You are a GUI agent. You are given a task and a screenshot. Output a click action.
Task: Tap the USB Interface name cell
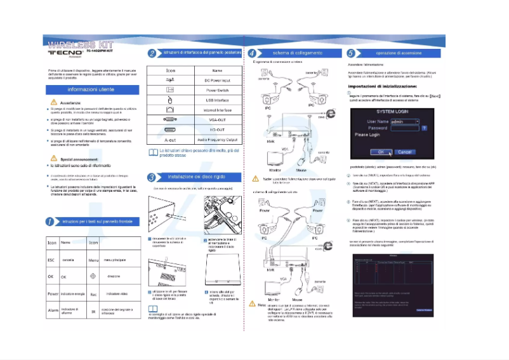(x=217, y=100)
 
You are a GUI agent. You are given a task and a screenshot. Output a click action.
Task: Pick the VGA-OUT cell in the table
(x=217, y=119)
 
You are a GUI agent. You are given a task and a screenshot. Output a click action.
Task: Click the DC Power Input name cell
(x=217, y=81)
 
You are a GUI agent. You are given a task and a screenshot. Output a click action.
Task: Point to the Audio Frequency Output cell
(x=217, y=139)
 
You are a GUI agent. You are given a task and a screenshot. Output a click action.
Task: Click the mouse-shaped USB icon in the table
(x=169, y=100)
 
